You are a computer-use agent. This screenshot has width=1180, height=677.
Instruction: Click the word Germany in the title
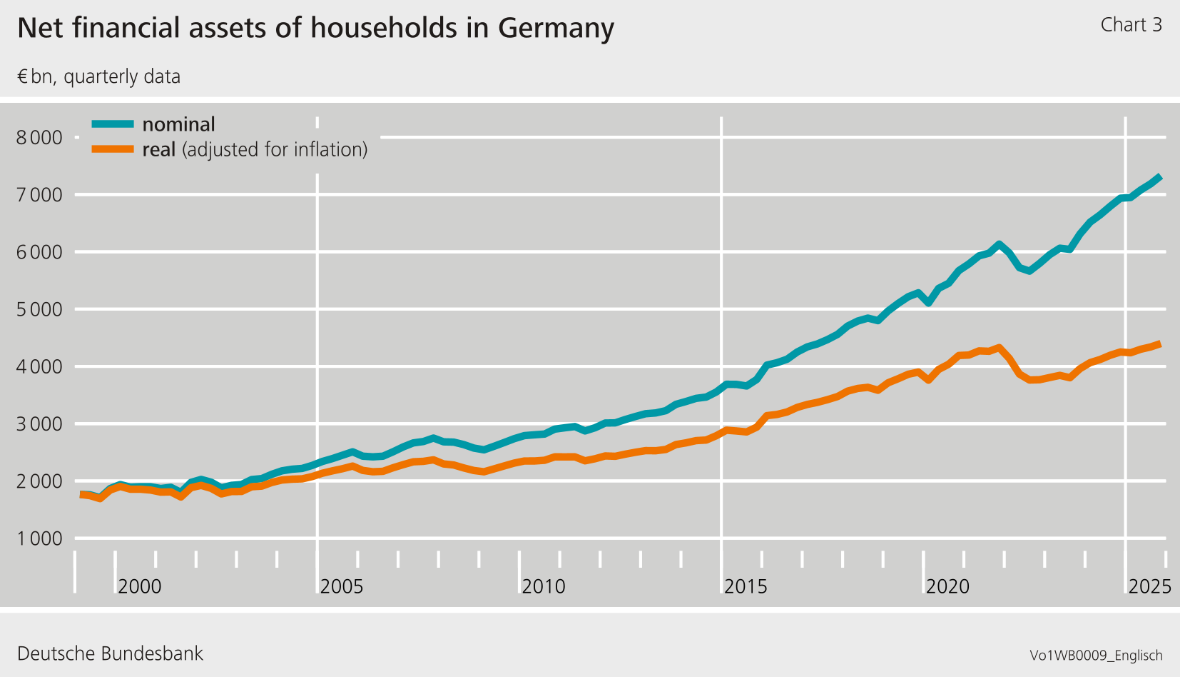click(556, 29)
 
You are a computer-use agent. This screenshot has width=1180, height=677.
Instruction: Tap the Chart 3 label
click(1131, 25)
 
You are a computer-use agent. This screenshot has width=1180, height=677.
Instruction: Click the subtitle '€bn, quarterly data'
click(98, 76)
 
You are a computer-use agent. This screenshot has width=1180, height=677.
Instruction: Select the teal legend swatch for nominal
click(113, 124)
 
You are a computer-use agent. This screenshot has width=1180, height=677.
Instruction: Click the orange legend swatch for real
click(113, 149)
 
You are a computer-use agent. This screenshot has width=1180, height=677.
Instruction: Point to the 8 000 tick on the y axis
click(39, 137)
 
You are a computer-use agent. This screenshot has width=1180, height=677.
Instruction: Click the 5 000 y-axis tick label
click(39, 309)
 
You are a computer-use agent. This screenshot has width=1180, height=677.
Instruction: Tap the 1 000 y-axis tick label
click(39, 538)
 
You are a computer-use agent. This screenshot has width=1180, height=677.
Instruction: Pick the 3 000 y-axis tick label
click(39, 424)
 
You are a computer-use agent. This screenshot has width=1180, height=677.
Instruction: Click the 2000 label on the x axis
click(140, 586)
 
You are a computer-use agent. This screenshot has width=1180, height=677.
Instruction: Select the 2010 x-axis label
click(544, 586)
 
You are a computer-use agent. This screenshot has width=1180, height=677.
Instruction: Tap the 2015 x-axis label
click(746, 586)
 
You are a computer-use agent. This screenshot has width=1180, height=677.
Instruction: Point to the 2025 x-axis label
click(1149, 586)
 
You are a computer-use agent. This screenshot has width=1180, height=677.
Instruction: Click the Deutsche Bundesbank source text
click(110, 653)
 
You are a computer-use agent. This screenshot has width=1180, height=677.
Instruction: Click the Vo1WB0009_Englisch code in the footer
click(1096, 656)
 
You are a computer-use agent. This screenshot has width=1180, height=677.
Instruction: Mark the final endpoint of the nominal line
click(1160, 177)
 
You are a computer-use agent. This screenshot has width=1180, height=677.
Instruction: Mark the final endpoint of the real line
click(1160, 344)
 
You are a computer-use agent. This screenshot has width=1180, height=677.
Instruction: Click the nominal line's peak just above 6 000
click(999, 245)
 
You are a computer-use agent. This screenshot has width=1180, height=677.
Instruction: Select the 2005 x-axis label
click(342, 586)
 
